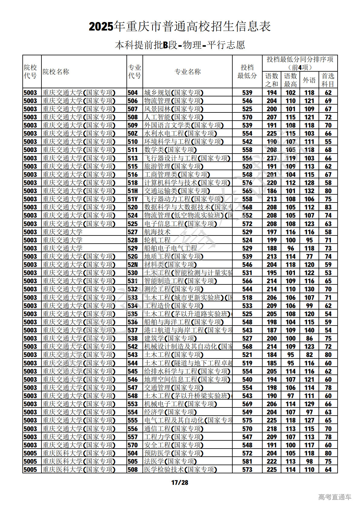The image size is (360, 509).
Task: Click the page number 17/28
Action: point(180,482)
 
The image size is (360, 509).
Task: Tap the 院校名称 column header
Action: point(56,72)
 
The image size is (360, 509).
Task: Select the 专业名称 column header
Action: point(188,72)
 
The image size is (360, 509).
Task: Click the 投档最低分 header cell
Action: point(247,72)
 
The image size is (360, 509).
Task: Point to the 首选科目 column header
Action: point(328,80)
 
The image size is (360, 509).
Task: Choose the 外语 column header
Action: point(309,80)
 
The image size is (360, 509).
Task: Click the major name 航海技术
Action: point(157,232)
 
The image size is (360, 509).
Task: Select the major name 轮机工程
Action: point(157,240)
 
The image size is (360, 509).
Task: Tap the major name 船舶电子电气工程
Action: point(171,248)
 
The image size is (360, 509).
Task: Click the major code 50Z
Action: point(133,133)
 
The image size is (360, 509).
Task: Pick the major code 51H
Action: point(133,191)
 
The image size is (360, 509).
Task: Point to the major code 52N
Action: point(133,264)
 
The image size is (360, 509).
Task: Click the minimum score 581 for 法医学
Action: point(247,461)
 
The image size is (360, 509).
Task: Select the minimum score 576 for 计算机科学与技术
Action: point(247,183)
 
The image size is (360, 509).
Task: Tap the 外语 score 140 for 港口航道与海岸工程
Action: point(309,330)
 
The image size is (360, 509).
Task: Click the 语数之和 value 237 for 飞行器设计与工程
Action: point(272,158)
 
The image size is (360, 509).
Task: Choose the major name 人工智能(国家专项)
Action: point(174,117)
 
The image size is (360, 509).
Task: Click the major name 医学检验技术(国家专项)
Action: point(180,469)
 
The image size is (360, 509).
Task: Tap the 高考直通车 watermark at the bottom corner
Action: point(335,497)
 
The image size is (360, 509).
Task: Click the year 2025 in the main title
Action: point(101,27)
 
